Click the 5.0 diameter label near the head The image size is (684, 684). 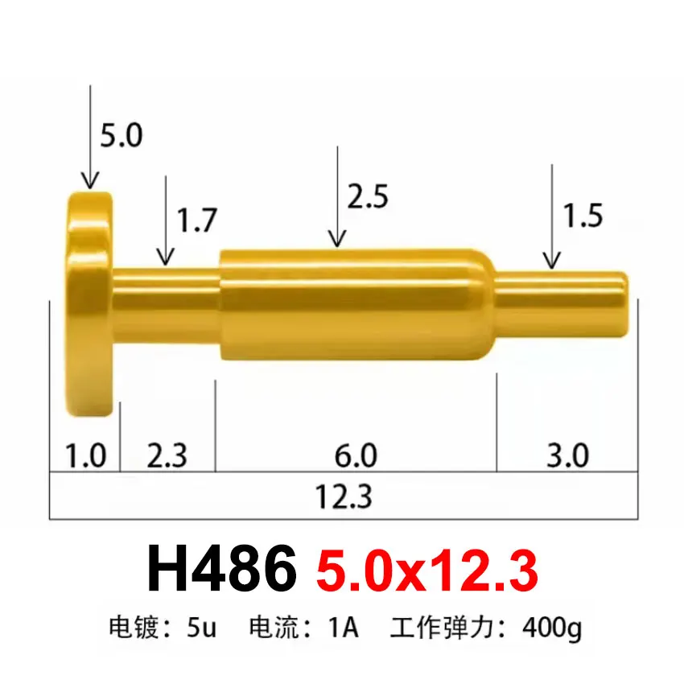pos(121,135)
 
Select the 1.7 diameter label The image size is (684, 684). pos(196,220)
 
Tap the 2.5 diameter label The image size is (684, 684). pos(368,196)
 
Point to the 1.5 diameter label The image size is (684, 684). pos(582,216)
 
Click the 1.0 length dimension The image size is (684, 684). pos(85,456)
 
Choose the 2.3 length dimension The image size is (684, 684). pos(167,456)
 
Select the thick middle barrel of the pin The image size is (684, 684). pos(354,306)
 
